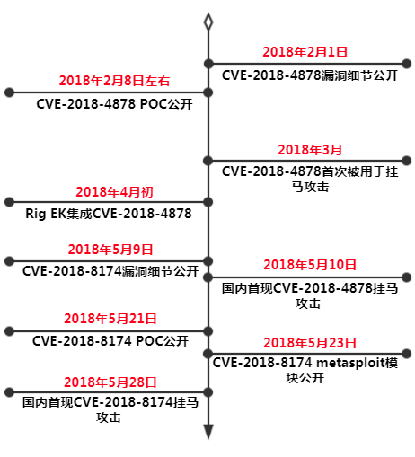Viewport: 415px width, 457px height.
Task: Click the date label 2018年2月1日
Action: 305,52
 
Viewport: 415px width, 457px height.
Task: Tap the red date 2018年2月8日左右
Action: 114,81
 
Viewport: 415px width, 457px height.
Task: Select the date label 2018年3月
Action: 310,150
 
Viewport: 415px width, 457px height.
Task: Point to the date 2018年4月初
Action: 114,192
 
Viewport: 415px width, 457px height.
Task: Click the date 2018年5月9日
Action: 110,250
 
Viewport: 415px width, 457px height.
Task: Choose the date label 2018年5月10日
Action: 310,265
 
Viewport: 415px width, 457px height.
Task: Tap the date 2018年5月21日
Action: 110,319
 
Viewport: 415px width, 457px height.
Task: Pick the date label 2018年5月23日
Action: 310,343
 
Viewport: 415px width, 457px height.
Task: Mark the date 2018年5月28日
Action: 110,382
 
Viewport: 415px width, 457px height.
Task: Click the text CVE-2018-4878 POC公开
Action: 114,104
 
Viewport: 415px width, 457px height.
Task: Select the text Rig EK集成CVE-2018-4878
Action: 109,214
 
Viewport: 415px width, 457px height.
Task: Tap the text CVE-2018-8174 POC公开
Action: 110,341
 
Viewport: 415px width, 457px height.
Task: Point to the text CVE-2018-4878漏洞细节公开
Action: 310,75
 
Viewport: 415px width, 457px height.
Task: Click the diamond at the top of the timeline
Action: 208,22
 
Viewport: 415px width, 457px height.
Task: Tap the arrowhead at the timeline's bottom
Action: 208,432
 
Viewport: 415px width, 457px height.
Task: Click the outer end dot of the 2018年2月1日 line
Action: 406,64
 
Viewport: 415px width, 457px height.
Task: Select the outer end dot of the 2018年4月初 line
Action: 9,202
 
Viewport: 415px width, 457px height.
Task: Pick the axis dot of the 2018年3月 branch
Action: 208,161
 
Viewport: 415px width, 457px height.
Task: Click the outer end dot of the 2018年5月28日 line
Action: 9,392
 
